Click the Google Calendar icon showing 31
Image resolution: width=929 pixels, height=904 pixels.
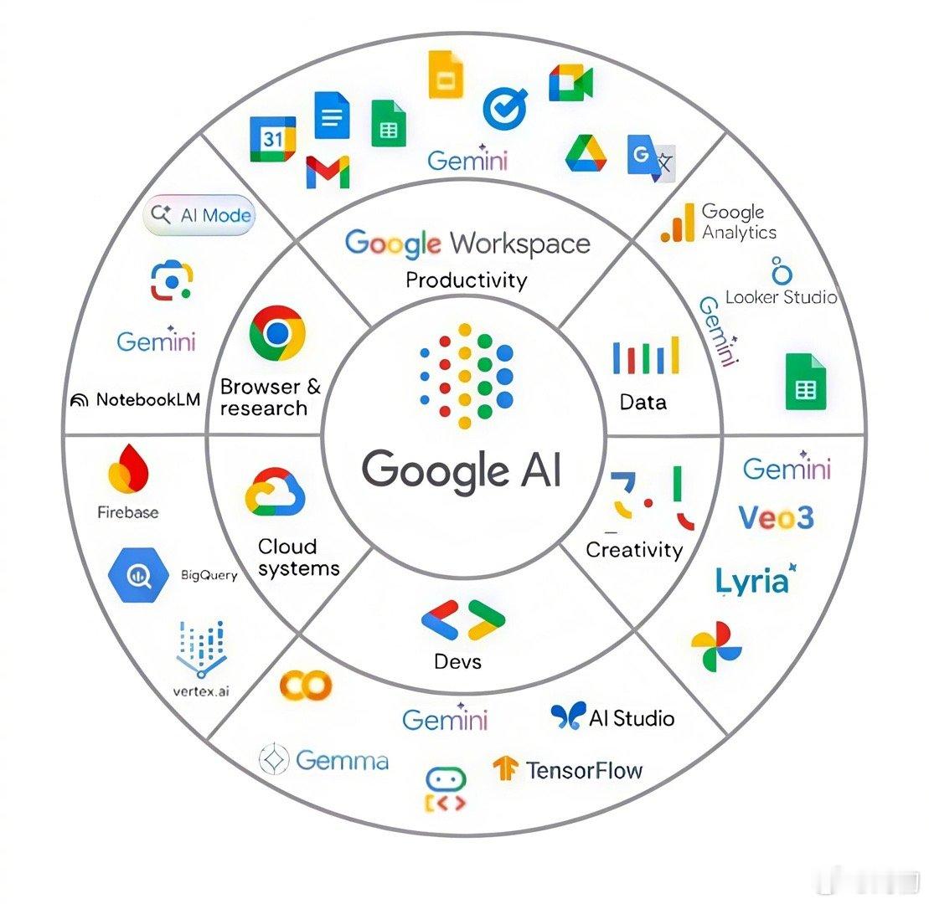pos(272,139)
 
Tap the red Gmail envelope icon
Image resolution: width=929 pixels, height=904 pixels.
pos(328,172)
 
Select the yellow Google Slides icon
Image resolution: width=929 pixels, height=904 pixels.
pos(446,76)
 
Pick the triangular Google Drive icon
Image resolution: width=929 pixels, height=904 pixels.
pos(586,152)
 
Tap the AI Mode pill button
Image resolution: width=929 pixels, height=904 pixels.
pos(199,216)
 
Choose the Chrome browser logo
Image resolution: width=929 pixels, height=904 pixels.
pos(276,333)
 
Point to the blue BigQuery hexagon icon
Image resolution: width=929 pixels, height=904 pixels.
pos(137,575)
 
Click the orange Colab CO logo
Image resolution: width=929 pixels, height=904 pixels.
pos(306,685)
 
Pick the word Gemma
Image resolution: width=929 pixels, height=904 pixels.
pos(342,760)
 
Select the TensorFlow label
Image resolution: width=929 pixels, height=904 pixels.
pos(584,769)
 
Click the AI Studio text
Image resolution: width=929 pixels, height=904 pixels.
pos(631,717)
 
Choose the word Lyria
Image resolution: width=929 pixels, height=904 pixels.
pos(752,581)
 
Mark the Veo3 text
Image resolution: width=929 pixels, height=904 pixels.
pos(776,517)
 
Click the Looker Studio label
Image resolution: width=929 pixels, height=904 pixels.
pos(781,297)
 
